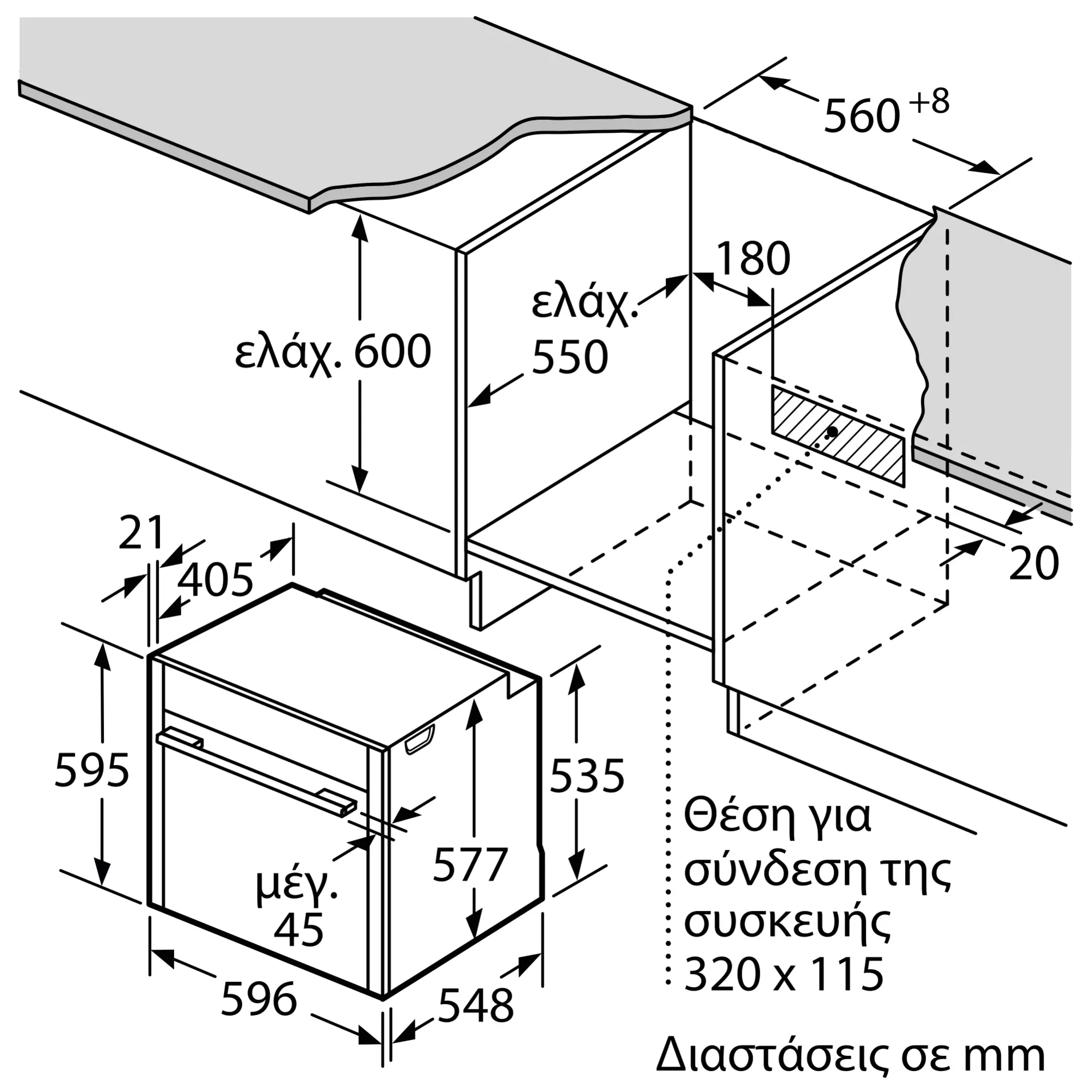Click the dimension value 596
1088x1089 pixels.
click(x=259, y=999)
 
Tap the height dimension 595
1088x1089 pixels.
click(x=93, y=769)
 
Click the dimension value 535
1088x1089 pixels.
click(x=587, y=775)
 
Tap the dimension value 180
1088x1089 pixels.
click(x=753, y=259)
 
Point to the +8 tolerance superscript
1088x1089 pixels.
click(x=930, y=101)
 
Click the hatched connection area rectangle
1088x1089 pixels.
click(x=838, y=435)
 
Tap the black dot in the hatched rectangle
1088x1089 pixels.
click(x=832, y=432)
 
